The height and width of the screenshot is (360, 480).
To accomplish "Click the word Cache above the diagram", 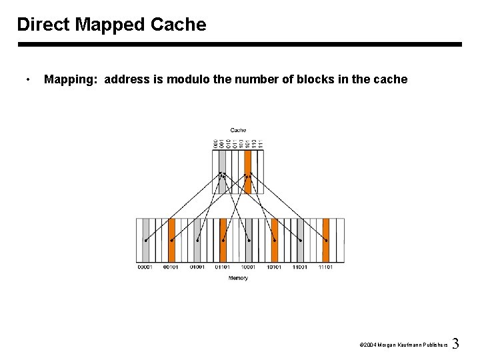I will point(238,130).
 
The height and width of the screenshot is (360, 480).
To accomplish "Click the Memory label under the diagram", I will point(238,278).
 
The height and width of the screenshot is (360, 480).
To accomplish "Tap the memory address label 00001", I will point(145,267).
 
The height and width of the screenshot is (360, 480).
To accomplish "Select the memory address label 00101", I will point(171,267).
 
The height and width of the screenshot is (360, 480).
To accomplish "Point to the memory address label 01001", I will point(197,267).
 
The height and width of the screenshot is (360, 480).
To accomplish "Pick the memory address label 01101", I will point(223,267).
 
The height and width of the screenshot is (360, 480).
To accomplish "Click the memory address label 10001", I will point(248,267).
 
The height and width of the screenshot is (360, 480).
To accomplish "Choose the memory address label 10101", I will point(274,267).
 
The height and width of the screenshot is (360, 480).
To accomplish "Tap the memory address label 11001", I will point(299,267).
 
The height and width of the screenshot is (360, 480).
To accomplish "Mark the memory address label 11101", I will point(325,267).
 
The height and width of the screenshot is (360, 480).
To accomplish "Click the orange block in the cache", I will point(247,171).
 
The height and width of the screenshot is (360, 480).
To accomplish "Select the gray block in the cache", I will point(222,171).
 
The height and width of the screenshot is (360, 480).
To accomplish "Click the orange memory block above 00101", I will point(171,240).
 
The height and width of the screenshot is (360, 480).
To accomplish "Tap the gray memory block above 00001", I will point(145,240).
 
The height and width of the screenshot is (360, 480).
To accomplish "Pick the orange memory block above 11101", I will point(325,240).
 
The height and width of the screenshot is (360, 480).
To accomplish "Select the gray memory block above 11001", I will point(300,240).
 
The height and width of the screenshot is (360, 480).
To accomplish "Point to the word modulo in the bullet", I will point(188,79).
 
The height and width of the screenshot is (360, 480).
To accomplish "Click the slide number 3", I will point(455,344).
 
